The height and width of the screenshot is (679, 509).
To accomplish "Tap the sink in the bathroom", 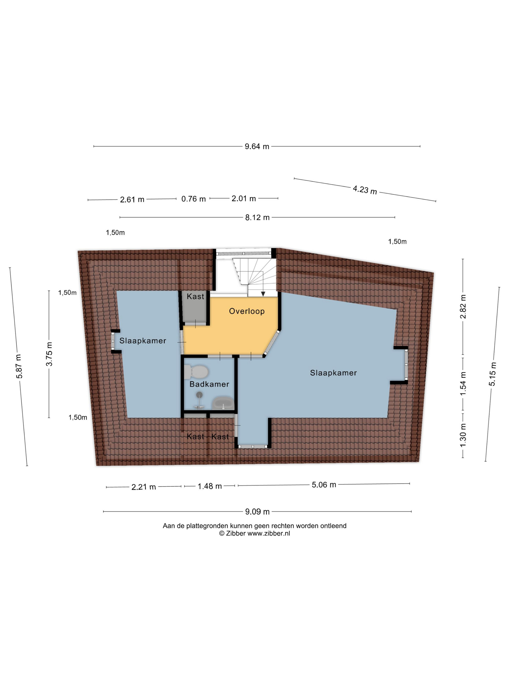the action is pos(223,403).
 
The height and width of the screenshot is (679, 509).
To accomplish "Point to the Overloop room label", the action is pos(247,311).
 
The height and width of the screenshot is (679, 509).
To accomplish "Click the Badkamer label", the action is pos(209,384).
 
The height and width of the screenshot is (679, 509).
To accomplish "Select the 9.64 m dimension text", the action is pos(257,146).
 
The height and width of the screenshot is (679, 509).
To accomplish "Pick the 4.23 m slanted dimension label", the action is pos(365,190).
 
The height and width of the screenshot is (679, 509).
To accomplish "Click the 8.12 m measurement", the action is pos(257,217).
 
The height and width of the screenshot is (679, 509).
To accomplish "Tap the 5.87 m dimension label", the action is pos(19,366).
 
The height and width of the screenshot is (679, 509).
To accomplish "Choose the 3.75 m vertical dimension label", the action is pos(49,354).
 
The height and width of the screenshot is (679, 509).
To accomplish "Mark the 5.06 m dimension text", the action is pos(324,485).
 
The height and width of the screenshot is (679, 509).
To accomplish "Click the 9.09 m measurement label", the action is pos(257,512).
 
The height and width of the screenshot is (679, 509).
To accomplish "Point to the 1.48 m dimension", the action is pos(210,486).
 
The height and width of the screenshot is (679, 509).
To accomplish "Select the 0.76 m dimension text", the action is pos(193,199).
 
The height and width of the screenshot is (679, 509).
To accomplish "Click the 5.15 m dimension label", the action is pos(493,374).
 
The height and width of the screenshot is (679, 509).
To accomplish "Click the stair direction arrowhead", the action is pos(263,294).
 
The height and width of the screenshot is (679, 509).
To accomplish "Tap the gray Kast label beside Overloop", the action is pos(195,297).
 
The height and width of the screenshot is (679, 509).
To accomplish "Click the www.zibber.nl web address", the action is pos(269,533).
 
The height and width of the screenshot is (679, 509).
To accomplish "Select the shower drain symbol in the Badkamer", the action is pos(199,395).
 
